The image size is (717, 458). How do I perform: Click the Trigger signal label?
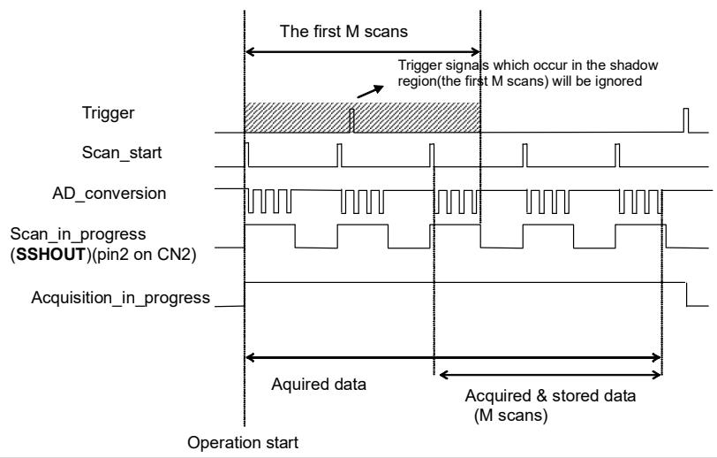pos(108,112)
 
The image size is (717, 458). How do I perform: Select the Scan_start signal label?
pos(122,152)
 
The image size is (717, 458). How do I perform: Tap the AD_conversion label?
pos(109,194)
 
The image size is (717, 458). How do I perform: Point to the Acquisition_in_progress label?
pos(121,298)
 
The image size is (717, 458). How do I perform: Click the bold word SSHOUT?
pos(50,254)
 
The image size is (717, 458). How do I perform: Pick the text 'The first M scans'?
pos(343,31)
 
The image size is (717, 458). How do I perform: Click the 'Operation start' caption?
pos(243,443)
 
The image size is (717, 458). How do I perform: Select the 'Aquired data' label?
pos(319,384)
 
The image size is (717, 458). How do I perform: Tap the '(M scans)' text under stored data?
pos(510,416)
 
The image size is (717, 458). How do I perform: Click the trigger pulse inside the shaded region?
pos(351,120)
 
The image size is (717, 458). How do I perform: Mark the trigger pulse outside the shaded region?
pos(686,120)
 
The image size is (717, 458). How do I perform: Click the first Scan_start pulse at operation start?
pos(247,155)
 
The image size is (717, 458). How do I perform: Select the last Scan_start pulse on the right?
pos(617,156)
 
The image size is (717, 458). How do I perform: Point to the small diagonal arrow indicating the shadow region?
pos(370,91)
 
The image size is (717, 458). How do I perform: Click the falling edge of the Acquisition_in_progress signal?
pos(686,294)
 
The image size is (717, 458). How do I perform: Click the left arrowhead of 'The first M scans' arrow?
pos(250,52)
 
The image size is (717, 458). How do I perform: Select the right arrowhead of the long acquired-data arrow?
pos(657,358)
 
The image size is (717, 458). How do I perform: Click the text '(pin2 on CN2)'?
pos(142,254)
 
